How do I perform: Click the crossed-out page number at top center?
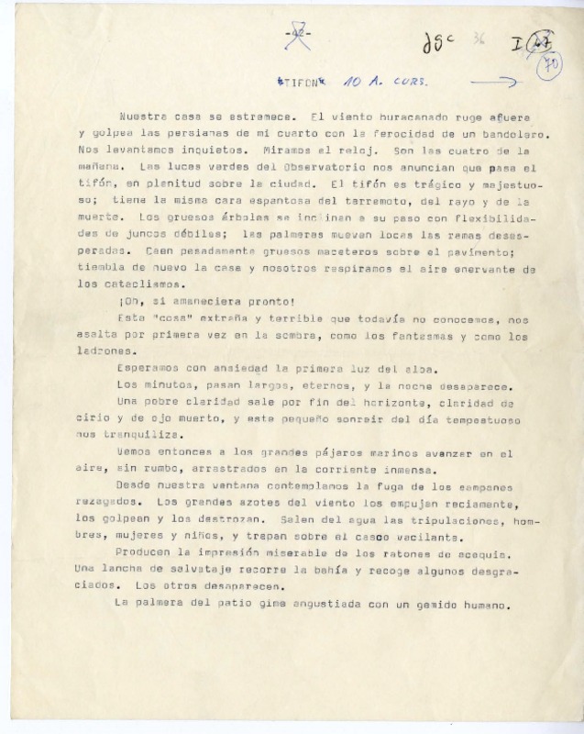(x=299, y=38)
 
